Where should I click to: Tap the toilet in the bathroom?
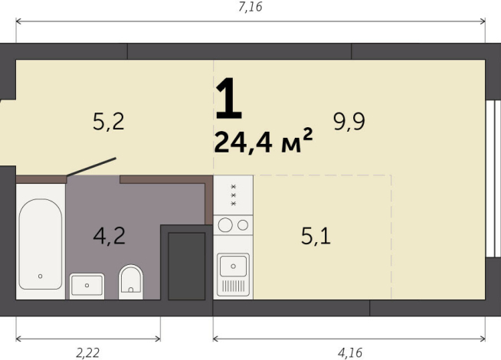pos(132,281)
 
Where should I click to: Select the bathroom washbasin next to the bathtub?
pos(87,285)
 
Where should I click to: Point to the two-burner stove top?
pos(234,225)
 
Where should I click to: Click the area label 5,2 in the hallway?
pos(108,121)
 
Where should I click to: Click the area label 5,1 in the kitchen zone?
pos(315,236)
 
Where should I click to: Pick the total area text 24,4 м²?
pos(263,143)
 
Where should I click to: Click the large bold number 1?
pos(228,101)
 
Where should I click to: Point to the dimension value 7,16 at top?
pos(250,7)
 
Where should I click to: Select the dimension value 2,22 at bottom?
pos(88,352)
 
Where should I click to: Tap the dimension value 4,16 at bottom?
pos(349,352)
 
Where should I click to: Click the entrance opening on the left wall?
pos(6,134)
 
